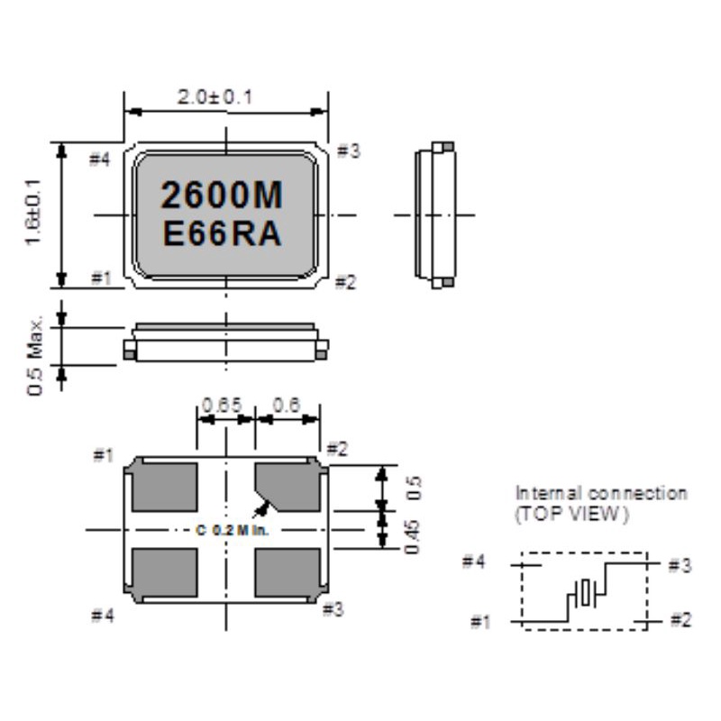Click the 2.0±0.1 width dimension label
tap(214, 97)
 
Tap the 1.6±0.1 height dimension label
tap(33, 213)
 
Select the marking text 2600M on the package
tap(221, 196)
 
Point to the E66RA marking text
tap(222, 233)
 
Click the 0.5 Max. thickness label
tap(34, 355)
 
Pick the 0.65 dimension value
tap(222, 405)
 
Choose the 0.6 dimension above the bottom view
tap(286, 405)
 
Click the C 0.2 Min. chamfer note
tap(233, 530)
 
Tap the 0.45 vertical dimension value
tap(412, 537)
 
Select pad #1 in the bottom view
tap(165, 488)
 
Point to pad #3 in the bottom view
tap(287, 572)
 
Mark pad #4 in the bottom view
tap(165, 572)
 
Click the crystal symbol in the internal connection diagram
tap(585, 593)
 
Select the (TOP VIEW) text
tap(571, 514)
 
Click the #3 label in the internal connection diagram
tap(680, 565)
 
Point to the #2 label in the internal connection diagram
tap(681, 620)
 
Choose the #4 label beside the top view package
tap(100, 160)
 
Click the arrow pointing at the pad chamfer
tap(260, 509)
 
